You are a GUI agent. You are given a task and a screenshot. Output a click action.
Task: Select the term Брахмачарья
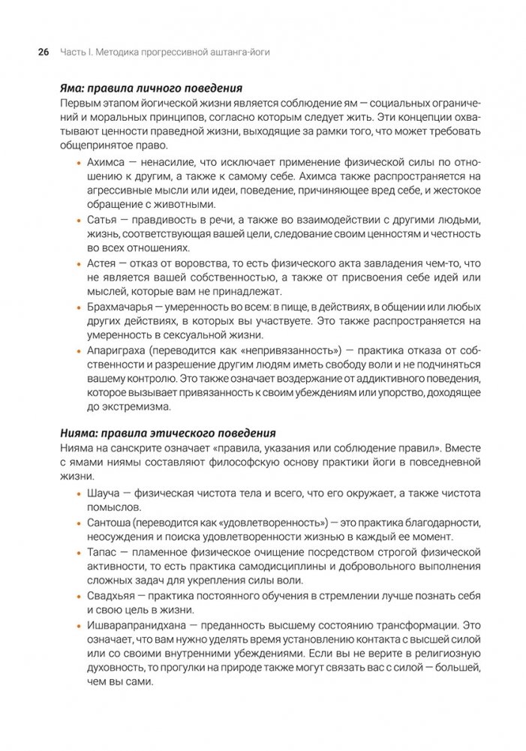pos(120,306)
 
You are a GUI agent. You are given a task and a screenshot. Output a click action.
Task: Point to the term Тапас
pos(102,551)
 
